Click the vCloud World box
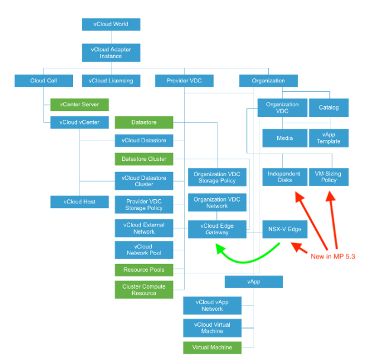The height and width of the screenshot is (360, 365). click(x=111, y=24)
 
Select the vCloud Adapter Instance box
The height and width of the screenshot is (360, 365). click(x=111, y=52)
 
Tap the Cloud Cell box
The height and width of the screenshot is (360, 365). click(x=43, y=81)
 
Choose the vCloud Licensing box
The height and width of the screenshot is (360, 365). click(x=111, y=81)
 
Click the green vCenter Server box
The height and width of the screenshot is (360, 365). click(x=79, y=105)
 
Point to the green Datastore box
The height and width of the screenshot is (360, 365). click(x=144, y=123)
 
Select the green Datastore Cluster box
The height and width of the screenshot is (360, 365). click(x=144, y=159)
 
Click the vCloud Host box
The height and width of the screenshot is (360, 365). click(x=79, y=202)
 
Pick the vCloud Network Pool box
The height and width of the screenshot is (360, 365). click(x=144, y=250)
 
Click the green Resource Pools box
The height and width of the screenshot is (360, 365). click(x=144, y=270)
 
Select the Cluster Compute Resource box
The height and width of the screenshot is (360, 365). click(x=144, y=289)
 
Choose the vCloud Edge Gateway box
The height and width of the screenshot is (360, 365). click(x=217, y=229)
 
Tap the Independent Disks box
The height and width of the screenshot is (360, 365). click(x=284, y=177)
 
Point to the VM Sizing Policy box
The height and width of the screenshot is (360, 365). click(x=329, y=177)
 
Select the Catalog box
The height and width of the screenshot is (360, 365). click(x=329, y=107)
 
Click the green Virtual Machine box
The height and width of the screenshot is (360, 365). click(x=212, y=347)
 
